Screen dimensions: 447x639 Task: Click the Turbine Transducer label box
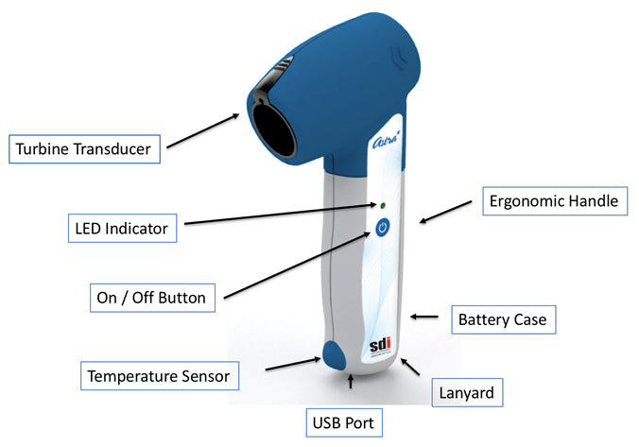86,147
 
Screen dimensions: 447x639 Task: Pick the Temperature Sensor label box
158,376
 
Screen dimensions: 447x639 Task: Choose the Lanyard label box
466,389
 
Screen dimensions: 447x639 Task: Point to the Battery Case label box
501,320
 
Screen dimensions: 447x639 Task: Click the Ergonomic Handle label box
552,200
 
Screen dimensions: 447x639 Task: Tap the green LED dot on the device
382,204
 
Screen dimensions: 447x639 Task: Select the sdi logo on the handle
378,346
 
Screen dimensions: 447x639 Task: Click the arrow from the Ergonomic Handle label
445,211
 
